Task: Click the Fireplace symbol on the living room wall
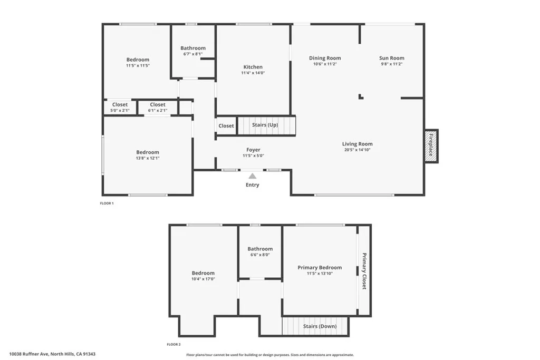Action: [431, 146]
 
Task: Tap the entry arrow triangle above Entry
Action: [253, 176]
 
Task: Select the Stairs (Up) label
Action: [265, 125]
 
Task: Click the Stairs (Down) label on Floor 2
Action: [320, 326]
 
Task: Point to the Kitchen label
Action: [253, 67]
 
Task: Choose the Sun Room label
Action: [392, 58]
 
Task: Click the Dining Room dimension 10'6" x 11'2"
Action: [325, 64]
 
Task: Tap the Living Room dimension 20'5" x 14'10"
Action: [357, 150]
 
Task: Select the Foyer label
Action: [253, 150]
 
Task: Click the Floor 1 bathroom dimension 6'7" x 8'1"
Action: [192, 54]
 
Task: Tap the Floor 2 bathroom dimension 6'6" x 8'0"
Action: [260, 255]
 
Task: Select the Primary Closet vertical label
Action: [364, 271]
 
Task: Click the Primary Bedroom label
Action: [320, 267]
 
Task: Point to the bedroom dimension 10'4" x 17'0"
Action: [203, 279]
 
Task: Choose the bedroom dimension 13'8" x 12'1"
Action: [148, 158]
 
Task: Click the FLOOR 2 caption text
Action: [173, 344]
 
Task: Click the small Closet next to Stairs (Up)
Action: [226, 126]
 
